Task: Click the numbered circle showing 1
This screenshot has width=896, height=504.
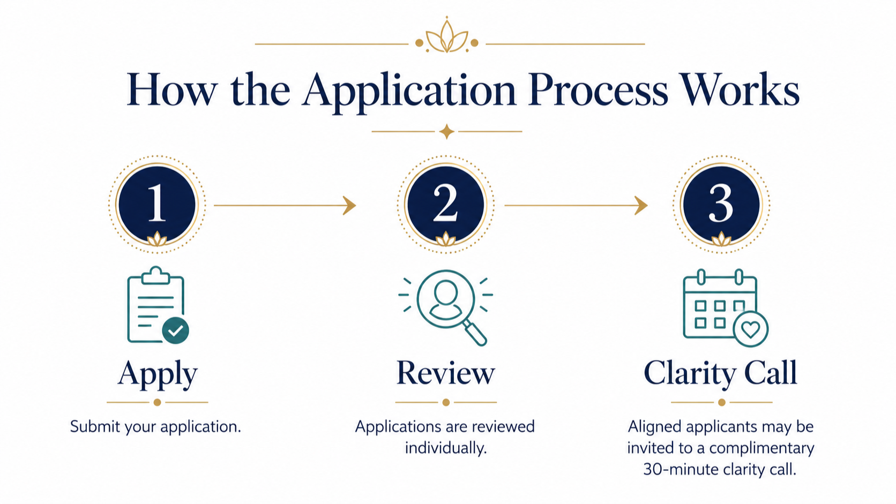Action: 157,204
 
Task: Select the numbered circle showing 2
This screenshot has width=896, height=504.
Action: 445,204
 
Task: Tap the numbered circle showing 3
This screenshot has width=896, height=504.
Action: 721,204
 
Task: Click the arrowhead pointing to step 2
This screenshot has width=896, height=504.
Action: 349,206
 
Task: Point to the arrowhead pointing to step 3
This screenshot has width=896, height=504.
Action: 641,206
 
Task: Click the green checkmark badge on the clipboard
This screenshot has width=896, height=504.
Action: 176,330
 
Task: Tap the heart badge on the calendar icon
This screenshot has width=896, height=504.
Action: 750,329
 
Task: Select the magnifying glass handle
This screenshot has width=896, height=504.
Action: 476,333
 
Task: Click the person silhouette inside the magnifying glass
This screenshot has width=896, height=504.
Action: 445,299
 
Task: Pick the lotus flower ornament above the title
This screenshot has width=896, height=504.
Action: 447,36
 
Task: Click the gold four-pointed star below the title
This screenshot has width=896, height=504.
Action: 447,131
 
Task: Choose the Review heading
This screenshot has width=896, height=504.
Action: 446,372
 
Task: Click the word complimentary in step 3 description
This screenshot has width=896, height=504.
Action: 761,448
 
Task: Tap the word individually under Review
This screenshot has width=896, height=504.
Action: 446,448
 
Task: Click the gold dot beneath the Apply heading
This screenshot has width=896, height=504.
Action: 157,402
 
